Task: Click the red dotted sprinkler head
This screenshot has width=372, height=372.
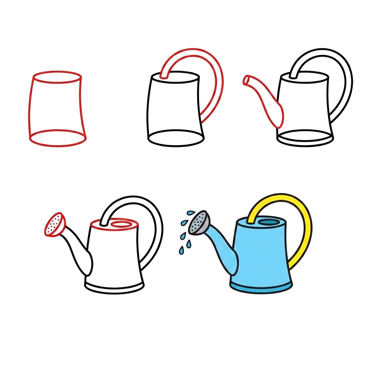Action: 54,225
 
